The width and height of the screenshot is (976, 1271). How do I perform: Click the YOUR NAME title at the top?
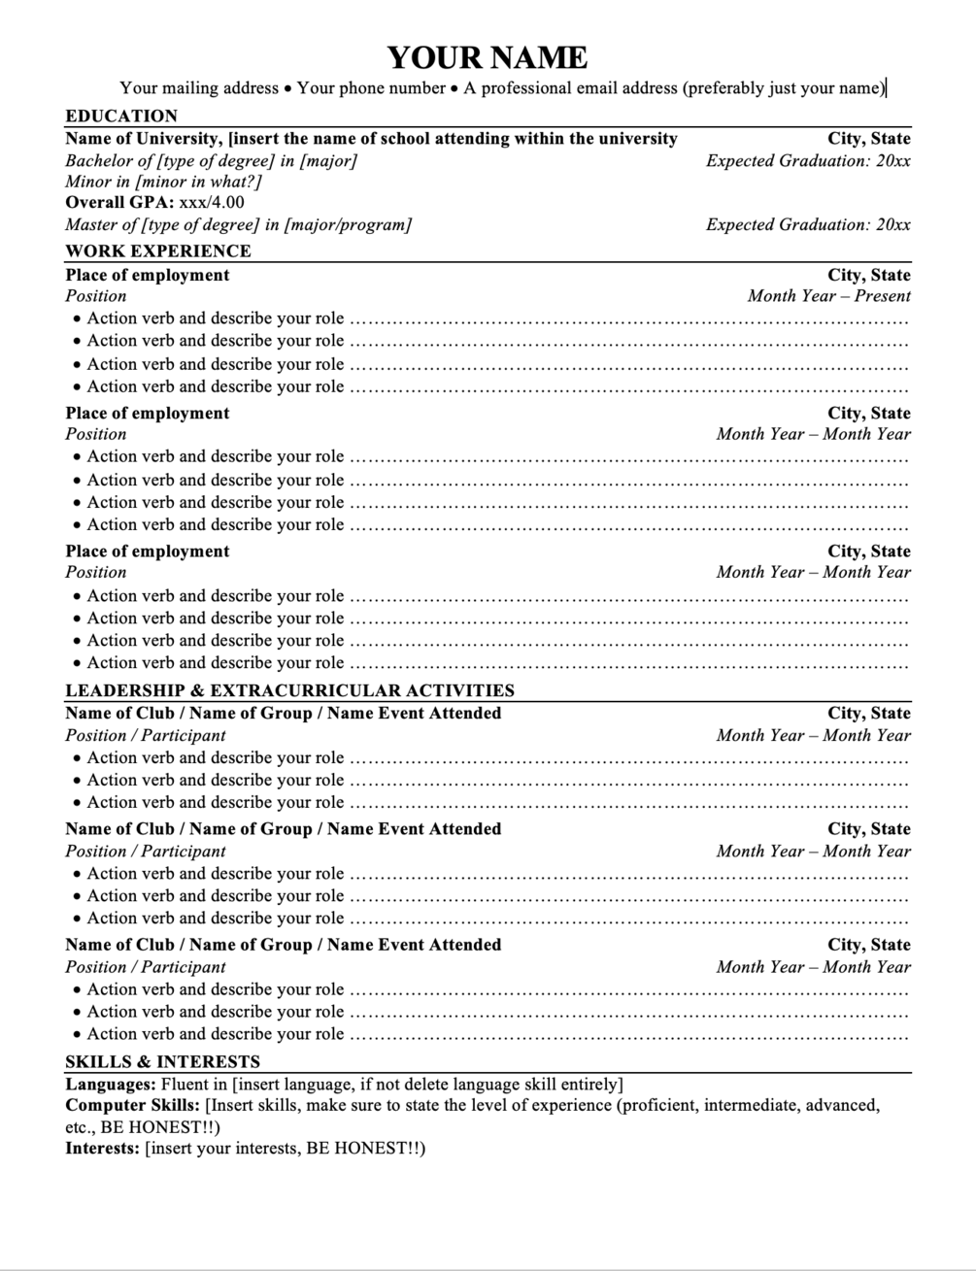pos(488,57)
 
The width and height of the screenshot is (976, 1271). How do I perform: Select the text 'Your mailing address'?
pos(199,88)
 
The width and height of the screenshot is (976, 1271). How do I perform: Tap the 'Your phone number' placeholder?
pos(371,88)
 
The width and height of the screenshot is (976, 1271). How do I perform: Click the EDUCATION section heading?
pos(121,116)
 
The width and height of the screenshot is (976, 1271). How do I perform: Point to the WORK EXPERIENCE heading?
pos(157,251)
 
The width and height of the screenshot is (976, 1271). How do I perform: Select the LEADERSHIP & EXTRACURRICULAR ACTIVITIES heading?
pos(289,690)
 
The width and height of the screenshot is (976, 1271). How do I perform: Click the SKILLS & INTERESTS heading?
pos(162,1061)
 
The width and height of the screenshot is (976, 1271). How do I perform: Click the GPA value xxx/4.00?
pos(212,203)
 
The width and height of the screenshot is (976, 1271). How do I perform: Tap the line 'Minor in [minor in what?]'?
pos(163,182)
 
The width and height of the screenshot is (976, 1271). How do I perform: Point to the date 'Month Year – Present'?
pos(828,296)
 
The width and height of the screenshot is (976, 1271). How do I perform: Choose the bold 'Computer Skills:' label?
pos(133,1105)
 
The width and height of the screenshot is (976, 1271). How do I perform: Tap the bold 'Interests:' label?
pos(102,1149)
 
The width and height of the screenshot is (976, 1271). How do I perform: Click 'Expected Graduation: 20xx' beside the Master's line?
pos(808,225)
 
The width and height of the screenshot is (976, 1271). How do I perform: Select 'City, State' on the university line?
pos(868,138)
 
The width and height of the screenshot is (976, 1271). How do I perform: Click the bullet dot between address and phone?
pos(287,89)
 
